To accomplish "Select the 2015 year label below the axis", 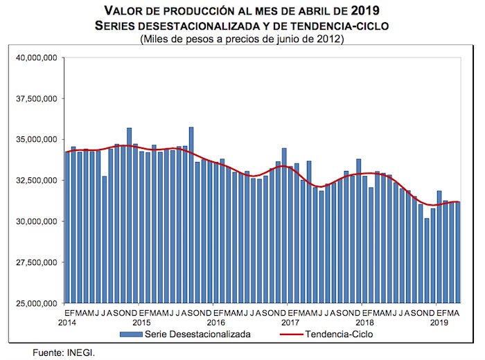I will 141,323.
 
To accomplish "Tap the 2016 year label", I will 215,323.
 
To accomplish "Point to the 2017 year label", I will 290,323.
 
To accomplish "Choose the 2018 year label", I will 364,323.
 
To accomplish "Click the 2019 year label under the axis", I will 439,323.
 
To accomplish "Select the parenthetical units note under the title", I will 242,39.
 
